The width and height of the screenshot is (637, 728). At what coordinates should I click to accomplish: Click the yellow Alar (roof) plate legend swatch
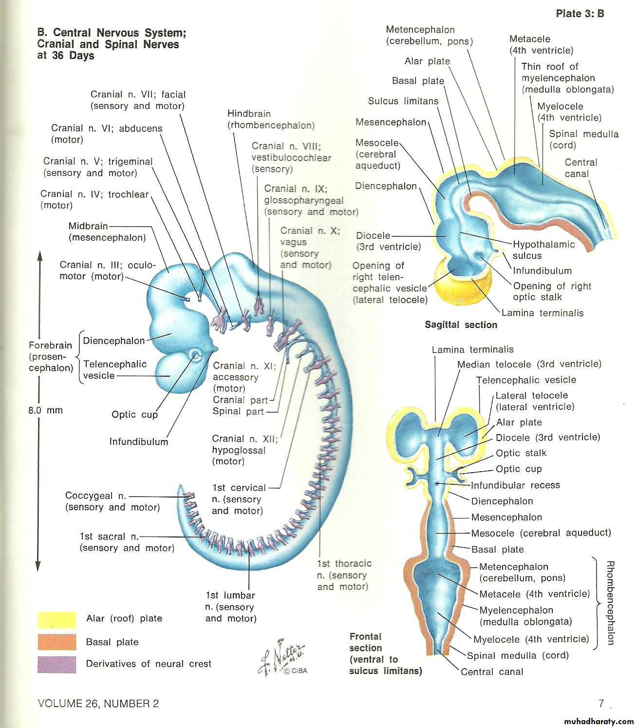coord(56,619)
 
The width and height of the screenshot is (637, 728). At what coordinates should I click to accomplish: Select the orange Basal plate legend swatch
coord(56,642)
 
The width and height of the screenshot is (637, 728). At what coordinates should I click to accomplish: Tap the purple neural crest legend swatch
coord(56,664)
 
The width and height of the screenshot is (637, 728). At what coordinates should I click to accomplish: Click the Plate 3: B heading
coord(580,14)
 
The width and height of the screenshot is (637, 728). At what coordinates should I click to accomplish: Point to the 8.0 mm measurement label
coord(45,410)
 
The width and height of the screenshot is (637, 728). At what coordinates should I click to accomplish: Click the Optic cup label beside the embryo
coord(134,415)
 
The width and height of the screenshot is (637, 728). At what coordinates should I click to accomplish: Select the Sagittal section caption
coord(461,325)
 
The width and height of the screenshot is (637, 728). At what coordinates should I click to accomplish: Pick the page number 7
coord(602,704)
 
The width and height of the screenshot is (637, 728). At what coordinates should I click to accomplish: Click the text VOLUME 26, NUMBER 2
coord(98,704)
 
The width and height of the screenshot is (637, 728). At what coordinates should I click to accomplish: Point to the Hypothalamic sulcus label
coord(543,250)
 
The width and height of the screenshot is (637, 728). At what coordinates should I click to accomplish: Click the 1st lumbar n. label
coord(230,607)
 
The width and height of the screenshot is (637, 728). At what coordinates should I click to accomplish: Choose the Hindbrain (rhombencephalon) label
coord(271,119)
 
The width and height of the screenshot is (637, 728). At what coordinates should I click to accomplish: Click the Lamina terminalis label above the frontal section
coord(472,349)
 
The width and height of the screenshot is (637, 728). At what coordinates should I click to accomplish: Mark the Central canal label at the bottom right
coord(492,672)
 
